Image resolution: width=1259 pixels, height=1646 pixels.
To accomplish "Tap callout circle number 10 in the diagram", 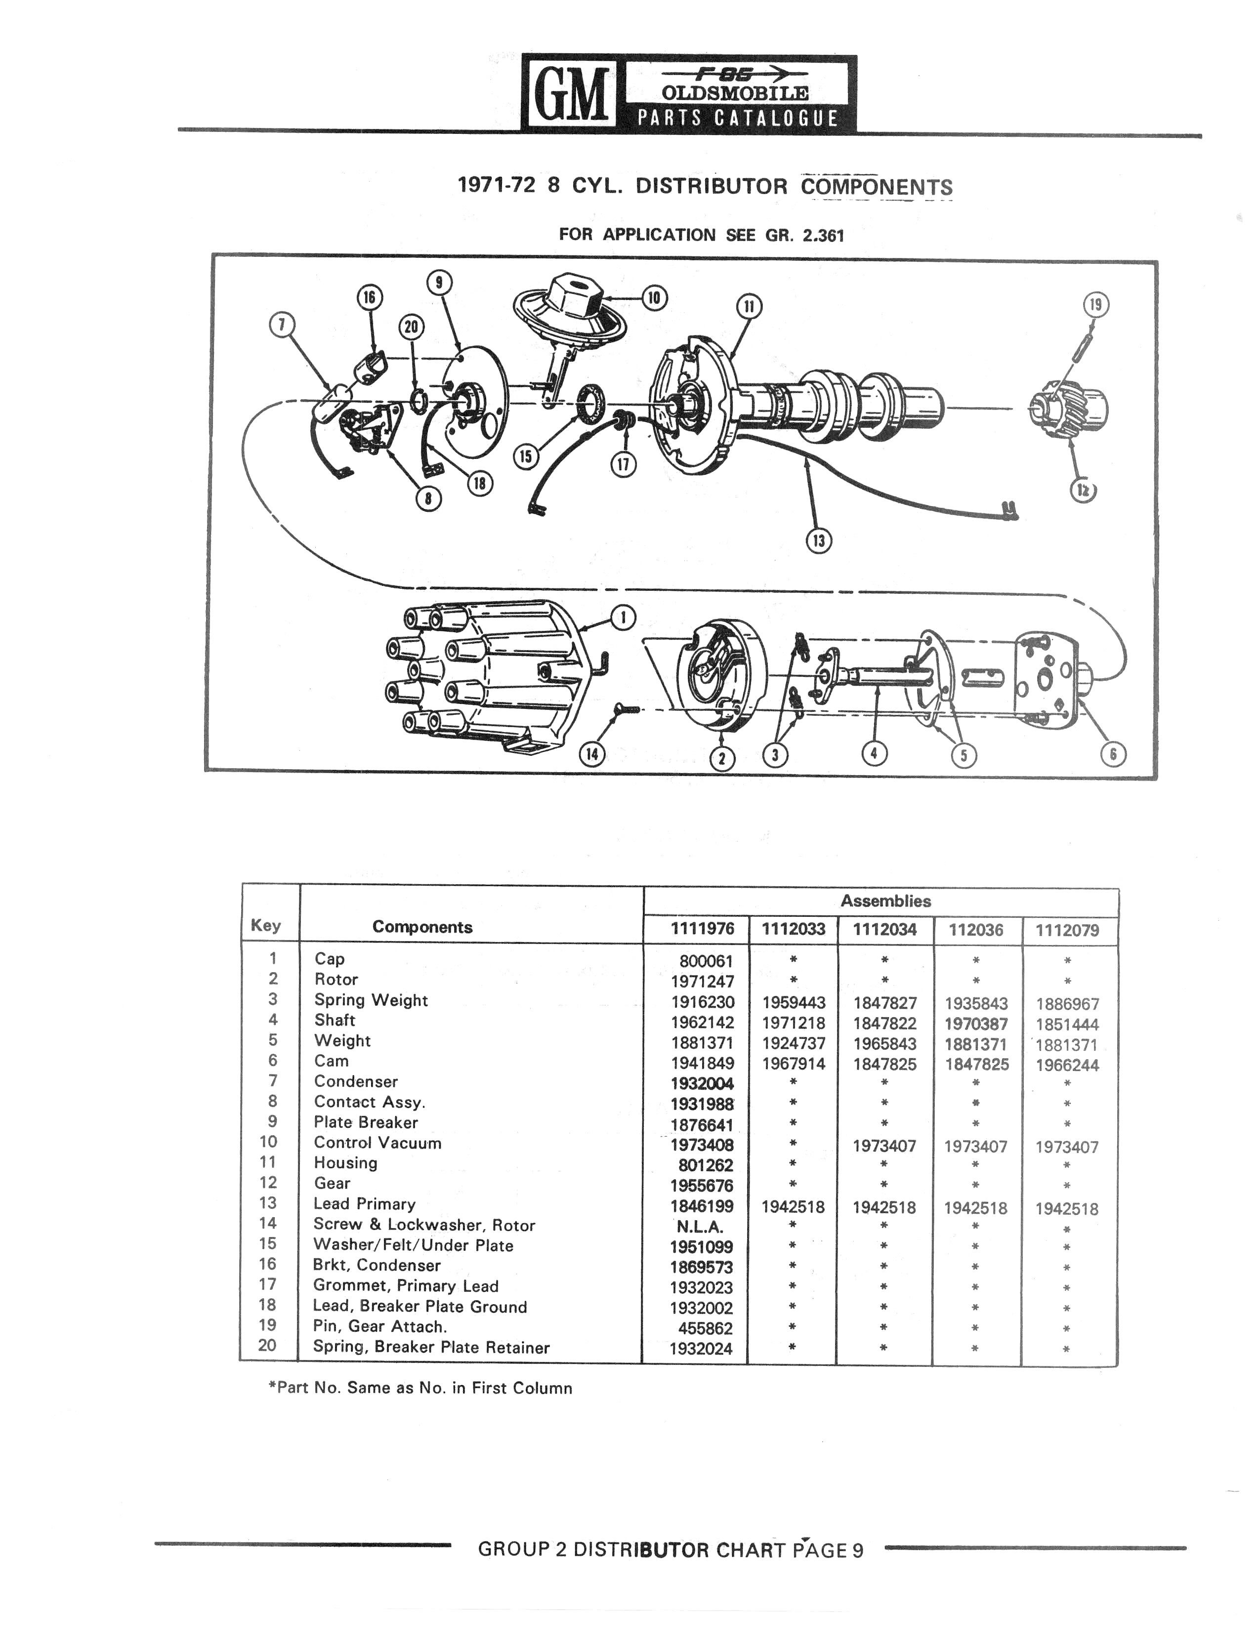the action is click(654, 297).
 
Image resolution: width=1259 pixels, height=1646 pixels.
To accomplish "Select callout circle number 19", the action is click(1095, 305).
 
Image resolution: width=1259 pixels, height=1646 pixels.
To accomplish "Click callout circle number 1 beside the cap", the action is click(624, 618).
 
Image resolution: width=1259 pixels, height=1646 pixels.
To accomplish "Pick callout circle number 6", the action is click(1113, 754).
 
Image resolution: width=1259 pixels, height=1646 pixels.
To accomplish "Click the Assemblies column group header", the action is click(886, 901).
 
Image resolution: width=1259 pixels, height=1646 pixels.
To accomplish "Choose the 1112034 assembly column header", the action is click(885, 930).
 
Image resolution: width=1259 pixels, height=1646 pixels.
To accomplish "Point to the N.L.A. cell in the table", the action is click(700, 1227).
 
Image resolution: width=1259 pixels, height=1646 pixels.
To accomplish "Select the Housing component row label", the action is click(345, 1163).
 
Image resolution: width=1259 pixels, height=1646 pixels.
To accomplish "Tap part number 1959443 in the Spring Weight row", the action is click(794, 1002).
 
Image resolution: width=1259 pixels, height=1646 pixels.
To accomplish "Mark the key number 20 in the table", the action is click(267, 1345).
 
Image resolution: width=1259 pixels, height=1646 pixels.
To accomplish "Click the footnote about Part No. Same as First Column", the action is click(420, 1388).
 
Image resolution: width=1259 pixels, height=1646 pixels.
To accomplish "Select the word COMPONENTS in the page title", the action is click(877, 187).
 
